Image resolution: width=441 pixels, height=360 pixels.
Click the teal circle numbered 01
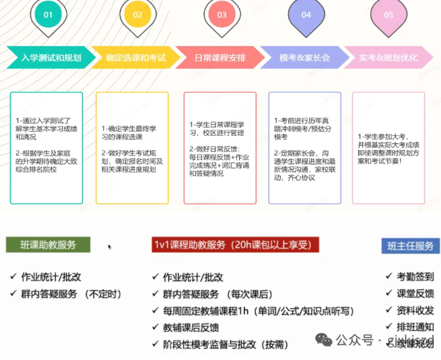48,15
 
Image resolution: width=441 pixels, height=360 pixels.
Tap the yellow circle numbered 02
137,15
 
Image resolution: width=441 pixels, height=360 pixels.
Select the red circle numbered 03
222,15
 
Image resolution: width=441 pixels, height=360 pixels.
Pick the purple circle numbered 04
306,15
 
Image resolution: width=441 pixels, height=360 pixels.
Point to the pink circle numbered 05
389,15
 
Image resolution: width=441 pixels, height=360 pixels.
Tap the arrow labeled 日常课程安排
219,58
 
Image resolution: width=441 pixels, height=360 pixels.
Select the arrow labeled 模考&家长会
304,58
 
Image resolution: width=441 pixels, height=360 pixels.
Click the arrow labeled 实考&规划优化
388,58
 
